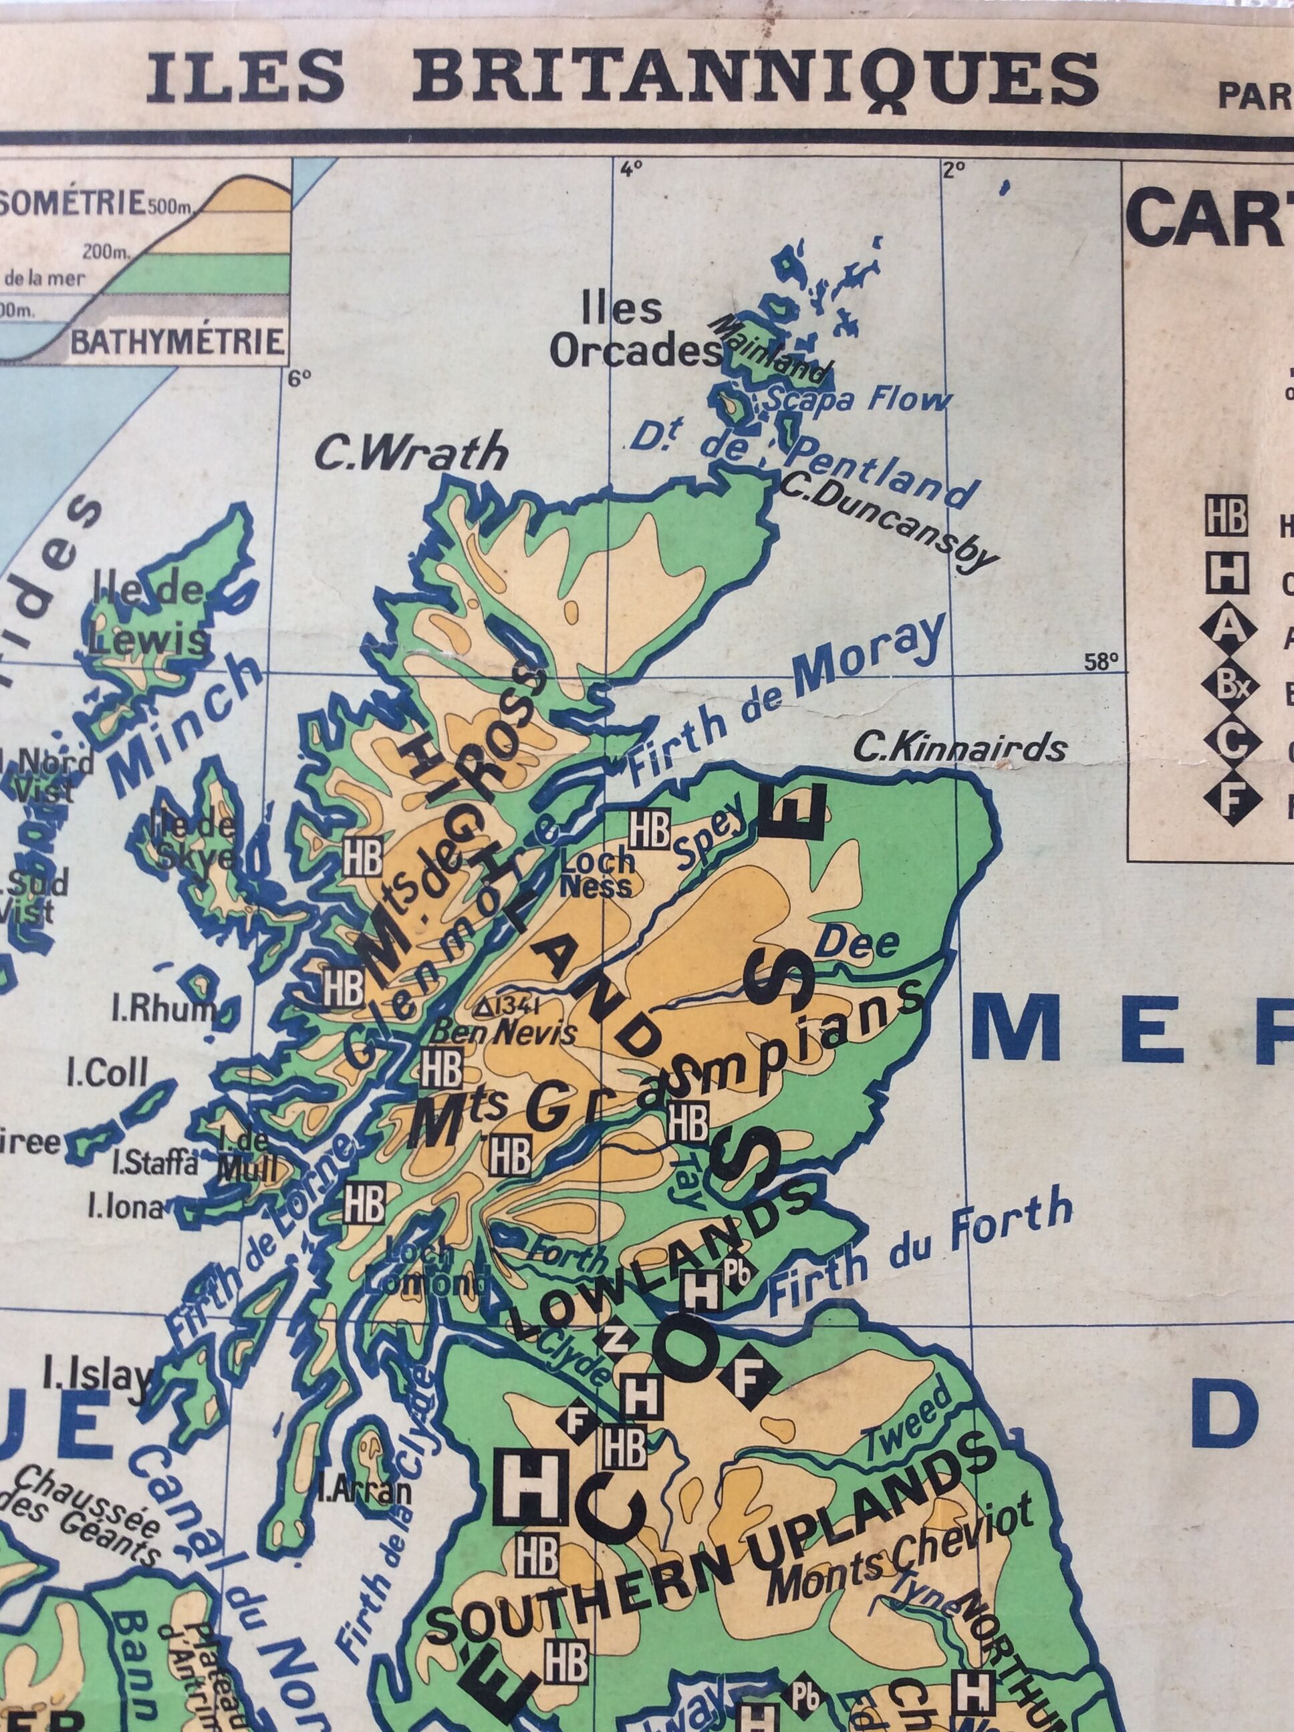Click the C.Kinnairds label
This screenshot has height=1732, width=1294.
[960, 748]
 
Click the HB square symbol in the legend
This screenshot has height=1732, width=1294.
[1226, 519]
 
